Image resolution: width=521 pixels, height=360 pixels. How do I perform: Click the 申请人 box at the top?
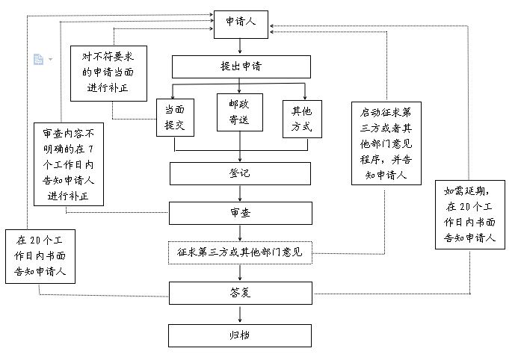coord(241,22)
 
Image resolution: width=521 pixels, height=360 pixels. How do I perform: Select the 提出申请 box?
coord(241,66)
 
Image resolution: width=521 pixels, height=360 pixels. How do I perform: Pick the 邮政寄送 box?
coord(240,112)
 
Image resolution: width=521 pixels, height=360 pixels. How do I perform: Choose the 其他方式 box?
coord(302,118)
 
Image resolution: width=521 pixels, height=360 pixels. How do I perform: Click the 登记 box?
coord(240,173)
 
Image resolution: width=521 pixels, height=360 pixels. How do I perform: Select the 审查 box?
coord(240,213)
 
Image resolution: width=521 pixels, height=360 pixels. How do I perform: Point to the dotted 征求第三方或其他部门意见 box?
coord(240,252)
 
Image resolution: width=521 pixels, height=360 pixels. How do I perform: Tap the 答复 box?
coord(240,291)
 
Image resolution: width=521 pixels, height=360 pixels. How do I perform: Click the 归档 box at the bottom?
coord(240,335)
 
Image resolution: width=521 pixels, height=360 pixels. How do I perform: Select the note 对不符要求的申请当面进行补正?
coord(109,73)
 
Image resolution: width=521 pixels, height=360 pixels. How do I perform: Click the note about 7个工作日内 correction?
coord(69,164)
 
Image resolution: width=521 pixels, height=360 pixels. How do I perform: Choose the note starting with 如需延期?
coord(470,215)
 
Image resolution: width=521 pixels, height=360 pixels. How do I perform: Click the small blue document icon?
coord(39,59)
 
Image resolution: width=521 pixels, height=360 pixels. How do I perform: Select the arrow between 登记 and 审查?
coord(240,193)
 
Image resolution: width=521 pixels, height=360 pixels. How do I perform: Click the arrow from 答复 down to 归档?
coord(240,313)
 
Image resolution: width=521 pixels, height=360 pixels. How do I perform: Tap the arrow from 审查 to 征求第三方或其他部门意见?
coord(240,232)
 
